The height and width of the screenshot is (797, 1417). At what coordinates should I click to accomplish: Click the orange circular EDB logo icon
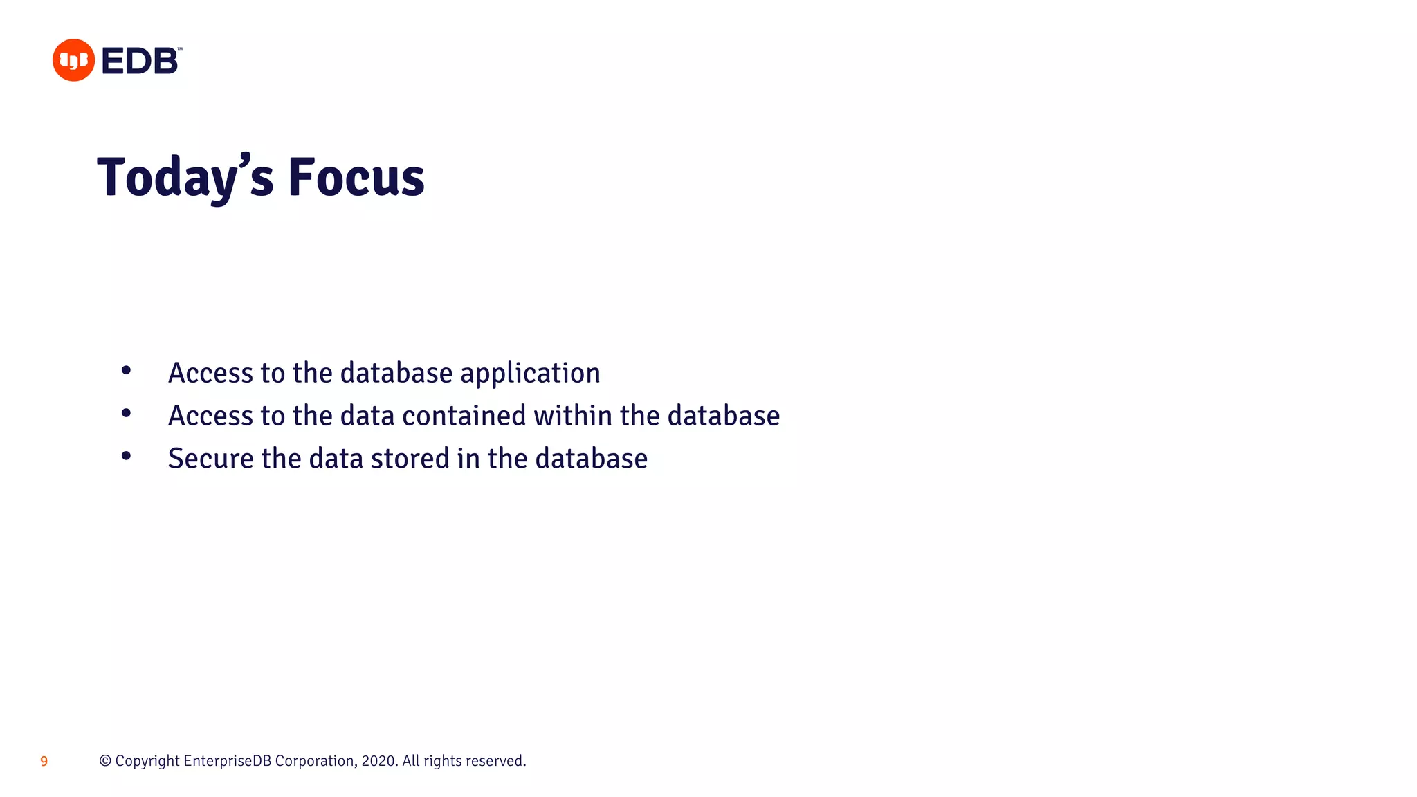(73, 60)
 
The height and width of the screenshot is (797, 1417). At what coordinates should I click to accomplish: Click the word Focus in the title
(356, 178)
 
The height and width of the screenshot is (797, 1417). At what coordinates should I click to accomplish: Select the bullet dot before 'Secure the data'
(126, 456)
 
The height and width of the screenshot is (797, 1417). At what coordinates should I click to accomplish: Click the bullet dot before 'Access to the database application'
(126, 370)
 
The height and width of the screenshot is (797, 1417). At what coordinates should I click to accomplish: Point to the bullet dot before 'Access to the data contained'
(126, 413)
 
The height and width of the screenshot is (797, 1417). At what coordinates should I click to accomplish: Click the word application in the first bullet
(530, 374)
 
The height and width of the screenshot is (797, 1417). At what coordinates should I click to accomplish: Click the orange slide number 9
(44, 762)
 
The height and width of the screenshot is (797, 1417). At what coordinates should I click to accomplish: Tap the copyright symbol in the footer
(105, 761)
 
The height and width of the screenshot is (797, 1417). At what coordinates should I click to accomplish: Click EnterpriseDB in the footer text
(228, 761)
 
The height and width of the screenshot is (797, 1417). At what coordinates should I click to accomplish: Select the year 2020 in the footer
(378, 761)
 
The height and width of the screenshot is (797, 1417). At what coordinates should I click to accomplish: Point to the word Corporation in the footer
(316, 761)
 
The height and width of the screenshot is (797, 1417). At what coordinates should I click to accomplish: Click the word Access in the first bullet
(210, 374)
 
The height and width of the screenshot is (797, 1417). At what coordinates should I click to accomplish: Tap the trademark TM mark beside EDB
(180, 49)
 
